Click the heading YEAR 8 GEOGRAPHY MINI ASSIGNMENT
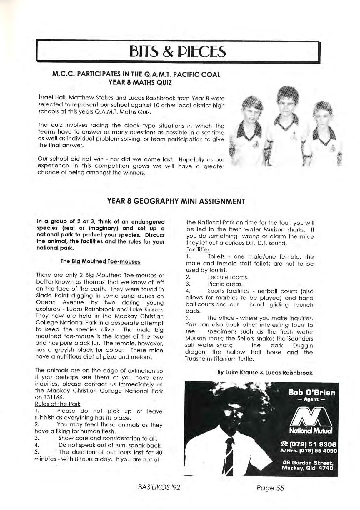tap(176, 201)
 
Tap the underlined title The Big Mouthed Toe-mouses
tap(100, 261)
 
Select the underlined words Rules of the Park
tap(57, 404)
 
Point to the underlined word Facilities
tap(198, 250)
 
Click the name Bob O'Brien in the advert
tap(311, 393)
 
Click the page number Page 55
tap(270, 488)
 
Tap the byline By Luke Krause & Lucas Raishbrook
tap(265, 373)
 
